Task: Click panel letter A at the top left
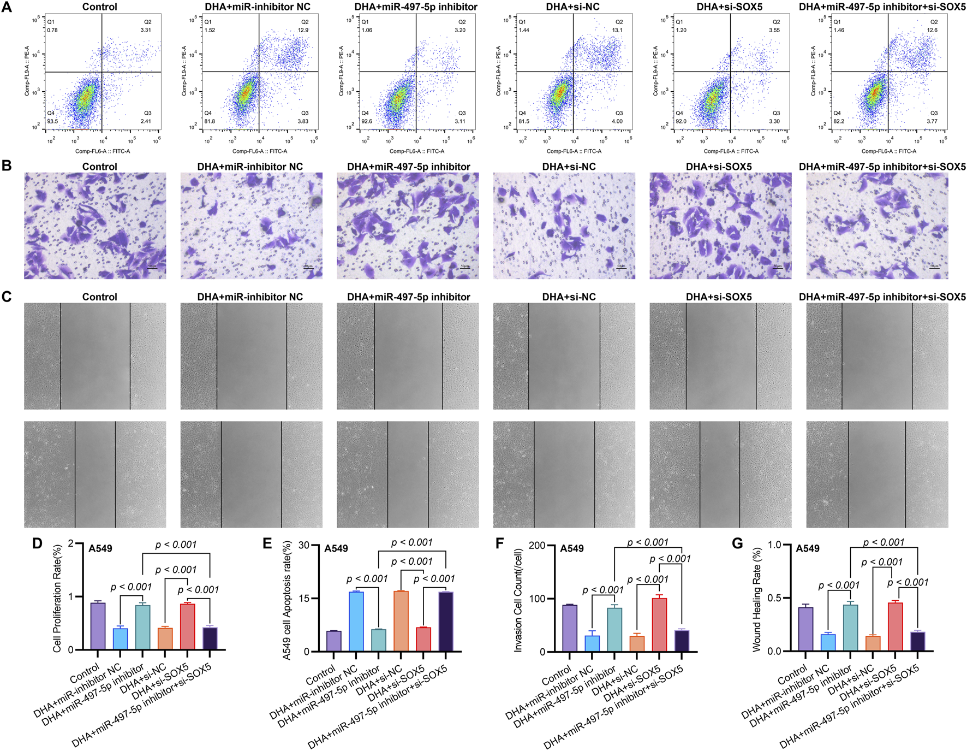[7, 7]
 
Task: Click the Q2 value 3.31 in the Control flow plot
[146, 30]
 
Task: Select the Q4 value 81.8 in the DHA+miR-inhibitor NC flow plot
[210, 121]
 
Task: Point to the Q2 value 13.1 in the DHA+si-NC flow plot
[617, 30]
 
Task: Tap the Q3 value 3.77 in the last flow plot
[932, 121]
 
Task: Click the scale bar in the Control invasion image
[152, 268]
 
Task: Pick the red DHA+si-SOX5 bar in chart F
[659, 625]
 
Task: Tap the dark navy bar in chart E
[446, 622]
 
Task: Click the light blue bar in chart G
[828, 642]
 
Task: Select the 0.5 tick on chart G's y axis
[774, 598]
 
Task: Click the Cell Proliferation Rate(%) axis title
[57, 598]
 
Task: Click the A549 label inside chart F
[571, 548]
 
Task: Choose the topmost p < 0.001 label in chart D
[176, 545]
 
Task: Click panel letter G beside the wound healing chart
[737, 543]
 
